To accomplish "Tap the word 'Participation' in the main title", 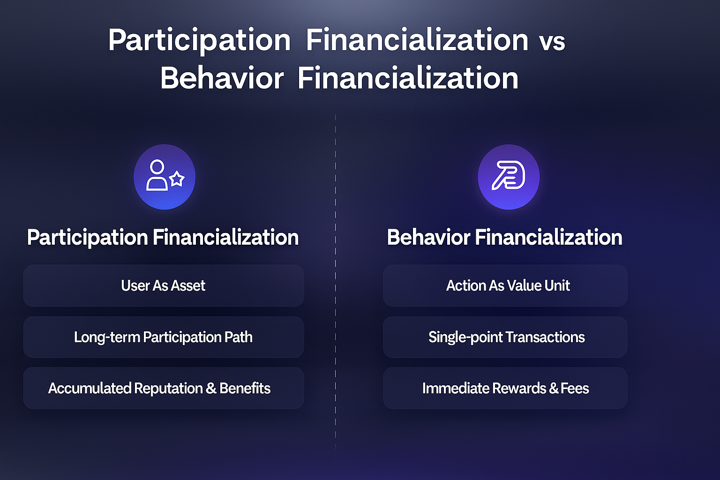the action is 199,41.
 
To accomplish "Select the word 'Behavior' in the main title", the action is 222,78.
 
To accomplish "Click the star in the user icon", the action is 177,179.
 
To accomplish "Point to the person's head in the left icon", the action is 157,167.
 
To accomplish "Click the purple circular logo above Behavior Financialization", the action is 509,177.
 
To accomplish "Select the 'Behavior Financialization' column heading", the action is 505,237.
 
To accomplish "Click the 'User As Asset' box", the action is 164,285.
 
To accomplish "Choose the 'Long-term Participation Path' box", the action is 164,337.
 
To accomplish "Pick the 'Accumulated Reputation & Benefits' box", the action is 164,388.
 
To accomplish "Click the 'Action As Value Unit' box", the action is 505,285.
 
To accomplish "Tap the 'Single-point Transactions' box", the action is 505,337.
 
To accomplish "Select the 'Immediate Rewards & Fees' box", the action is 505,388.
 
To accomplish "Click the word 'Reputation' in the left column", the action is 168,389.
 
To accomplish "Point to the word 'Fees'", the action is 575,388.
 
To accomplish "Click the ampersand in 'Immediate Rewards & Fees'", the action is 554,389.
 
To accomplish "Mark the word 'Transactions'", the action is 546,337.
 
